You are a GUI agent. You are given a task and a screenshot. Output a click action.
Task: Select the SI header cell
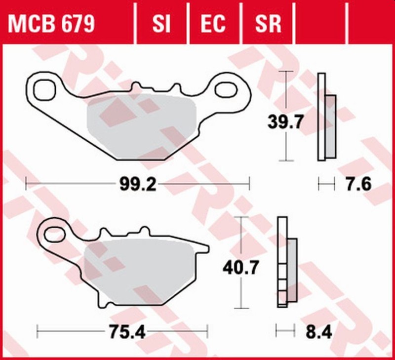(161, 23)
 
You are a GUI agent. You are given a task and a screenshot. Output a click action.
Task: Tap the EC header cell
(213, 23)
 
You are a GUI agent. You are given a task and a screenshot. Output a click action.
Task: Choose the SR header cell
(267, 23)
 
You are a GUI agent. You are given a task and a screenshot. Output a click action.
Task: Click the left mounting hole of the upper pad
(44, 89)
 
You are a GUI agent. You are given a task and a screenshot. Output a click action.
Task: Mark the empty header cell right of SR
(321, 23)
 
